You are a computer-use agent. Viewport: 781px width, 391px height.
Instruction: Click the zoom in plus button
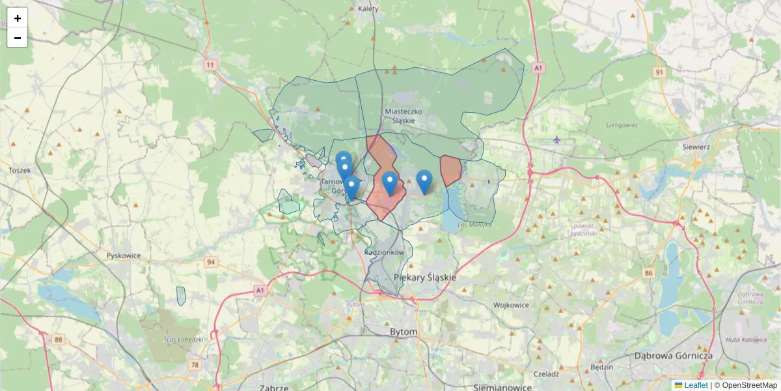pos(18,18)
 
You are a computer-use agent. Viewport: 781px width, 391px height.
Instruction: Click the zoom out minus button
pos(18,38)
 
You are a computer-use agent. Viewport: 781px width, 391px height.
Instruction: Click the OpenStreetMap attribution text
pos(749,385)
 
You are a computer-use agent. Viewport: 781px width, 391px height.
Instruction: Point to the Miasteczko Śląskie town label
pos(404,115)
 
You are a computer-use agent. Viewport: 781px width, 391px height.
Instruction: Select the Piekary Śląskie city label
pos(425,277)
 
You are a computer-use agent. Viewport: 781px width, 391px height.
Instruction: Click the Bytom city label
pos(403,332)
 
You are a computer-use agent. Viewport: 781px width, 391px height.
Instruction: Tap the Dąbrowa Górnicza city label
pos(673,356)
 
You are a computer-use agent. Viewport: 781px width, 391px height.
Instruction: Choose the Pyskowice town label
pos(124,255)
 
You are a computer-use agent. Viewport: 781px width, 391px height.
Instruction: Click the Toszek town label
pos(20,170)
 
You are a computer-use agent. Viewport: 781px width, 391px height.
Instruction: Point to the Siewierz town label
pos(696,147)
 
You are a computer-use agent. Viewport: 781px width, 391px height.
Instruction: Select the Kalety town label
pos(368,9)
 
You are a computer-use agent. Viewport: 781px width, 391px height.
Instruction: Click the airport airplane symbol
pos(556,139)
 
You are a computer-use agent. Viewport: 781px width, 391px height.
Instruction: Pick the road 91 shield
pos(660,72)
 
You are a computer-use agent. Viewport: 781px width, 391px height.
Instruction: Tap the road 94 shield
pos(210,262)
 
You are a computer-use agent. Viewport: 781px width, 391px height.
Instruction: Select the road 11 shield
pos(210,65)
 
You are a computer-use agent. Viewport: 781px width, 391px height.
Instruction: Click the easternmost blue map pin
pos(424,181)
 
